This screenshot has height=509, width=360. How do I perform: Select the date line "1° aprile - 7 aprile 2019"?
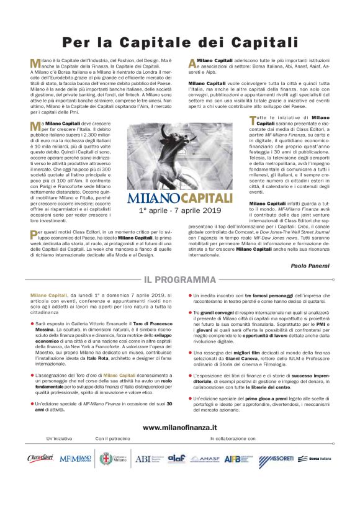click(x=179, y=211)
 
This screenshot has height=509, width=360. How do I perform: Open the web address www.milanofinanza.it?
click(x=179, y=427)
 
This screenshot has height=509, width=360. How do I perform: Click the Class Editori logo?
click(x=41, y=459)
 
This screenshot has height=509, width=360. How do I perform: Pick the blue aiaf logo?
click(x=176, y=459)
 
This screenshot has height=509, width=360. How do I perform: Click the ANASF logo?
click(x=205, y=459)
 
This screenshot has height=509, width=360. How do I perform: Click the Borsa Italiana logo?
click(x=316, y=459)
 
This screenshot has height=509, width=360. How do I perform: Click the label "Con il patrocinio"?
click(x=113, y=439)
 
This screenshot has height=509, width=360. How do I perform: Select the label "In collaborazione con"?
click(x=232, y=439)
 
